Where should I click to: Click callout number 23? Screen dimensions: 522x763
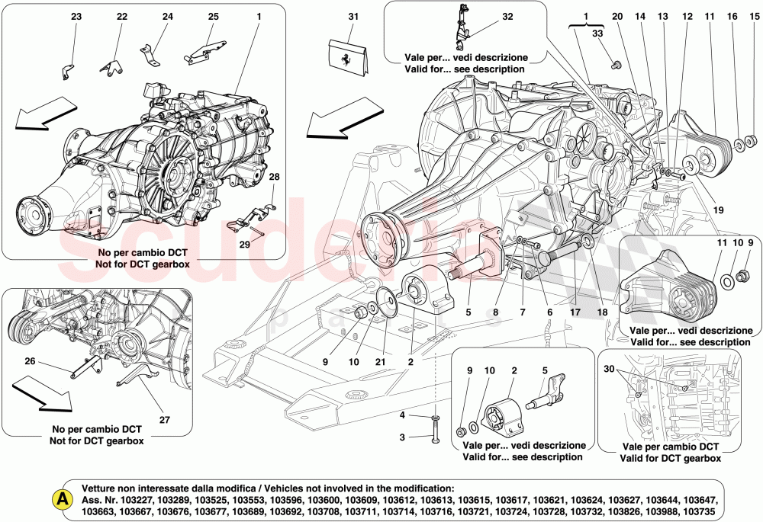[76, 16]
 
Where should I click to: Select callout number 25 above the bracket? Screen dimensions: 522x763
[213, 16]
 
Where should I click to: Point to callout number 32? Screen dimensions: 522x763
[508, 16]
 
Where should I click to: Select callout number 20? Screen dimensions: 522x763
[617, 16]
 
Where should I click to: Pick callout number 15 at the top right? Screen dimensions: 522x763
[755, 16]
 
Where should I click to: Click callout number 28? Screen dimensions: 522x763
[274, 177]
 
